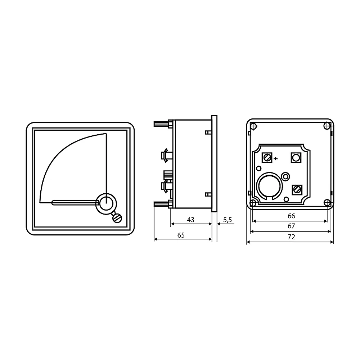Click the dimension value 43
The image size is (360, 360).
[x=190, y=220]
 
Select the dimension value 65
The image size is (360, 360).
[x=181, y=235]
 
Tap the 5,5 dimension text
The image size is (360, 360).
[x=228, y=220]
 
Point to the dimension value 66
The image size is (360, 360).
[x=291, y=216]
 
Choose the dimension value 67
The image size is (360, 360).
[x=291, y=226]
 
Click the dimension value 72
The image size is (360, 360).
[x=291, y=237]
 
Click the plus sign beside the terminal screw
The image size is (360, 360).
[x=276, y=158]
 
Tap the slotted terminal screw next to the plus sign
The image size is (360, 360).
[x=267, y=158]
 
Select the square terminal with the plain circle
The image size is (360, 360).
[x=296, y=158]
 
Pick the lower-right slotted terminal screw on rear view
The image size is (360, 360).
[x=297, y=190]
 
